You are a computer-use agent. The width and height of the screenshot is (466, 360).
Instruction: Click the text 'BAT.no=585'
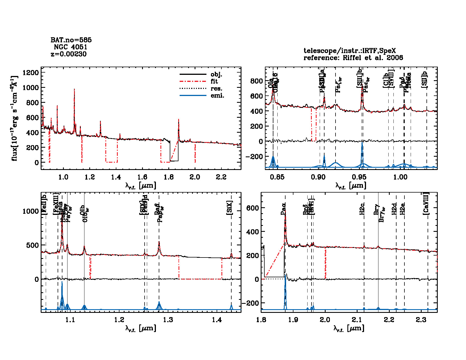(x=71, y=40)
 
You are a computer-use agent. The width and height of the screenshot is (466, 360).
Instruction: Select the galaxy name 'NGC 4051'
(x=70, y=47)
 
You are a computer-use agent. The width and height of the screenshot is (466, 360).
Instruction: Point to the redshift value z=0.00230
(x=69, y=54)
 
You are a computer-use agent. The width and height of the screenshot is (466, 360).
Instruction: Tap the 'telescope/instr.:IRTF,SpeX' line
(x=349, y=51)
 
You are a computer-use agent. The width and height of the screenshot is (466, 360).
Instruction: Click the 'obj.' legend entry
(x=216, y=75)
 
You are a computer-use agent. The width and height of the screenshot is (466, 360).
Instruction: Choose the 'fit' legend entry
(x=214, y=82)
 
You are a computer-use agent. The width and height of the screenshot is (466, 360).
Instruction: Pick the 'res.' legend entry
(x=216, y=89)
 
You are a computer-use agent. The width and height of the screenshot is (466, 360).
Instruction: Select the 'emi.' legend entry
(x=217, y=96)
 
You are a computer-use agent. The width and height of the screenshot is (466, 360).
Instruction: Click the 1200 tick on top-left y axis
(x=31, y=73)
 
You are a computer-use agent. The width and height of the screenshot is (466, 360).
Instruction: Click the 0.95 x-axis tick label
(x=359, y=177)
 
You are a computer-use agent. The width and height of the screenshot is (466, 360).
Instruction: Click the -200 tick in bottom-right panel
(x=250, y=303)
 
